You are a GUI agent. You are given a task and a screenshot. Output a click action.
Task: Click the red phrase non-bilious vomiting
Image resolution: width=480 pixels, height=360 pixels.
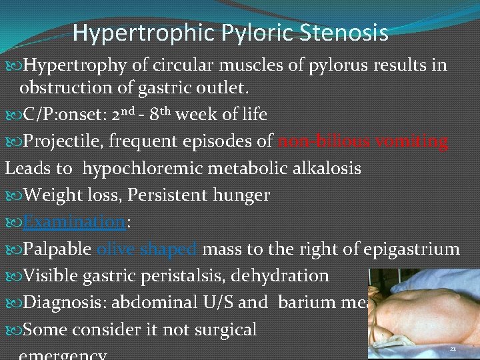[x=363, y=141]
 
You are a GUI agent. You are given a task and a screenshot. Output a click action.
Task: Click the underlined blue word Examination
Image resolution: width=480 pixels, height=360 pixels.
[x=74, y=222]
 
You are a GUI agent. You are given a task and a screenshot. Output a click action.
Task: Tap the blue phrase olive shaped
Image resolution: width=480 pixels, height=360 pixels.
[x=147, y=249]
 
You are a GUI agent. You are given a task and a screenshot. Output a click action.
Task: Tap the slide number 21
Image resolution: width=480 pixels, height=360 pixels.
[x=453, y=349]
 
